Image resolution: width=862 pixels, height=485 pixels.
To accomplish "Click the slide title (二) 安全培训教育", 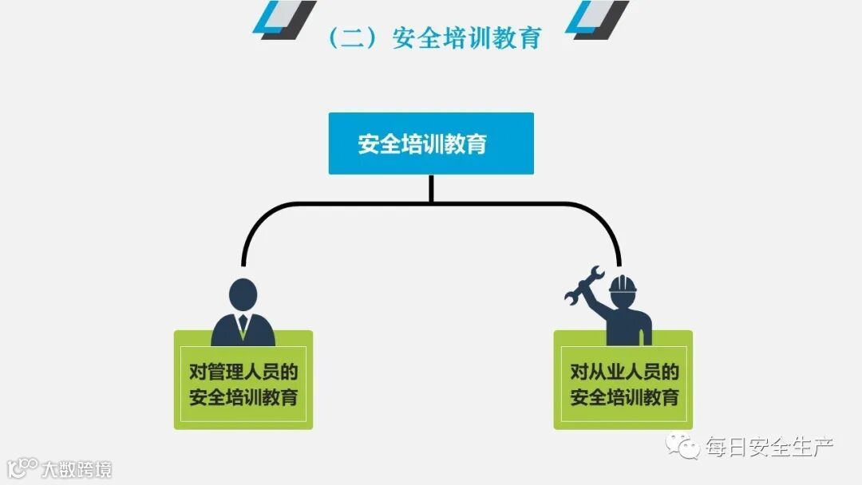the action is [435, 38].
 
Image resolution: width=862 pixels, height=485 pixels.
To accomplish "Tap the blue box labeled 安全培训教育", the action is [431, 144].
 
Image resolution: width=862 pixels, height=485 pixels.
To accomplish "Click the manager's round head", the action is [243, 294].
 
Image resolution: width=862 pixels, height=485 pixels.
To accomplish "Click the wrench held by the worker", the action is [585, 287].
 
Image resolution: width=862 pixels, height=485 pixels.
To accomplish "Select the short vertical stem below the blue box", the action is [431, 188].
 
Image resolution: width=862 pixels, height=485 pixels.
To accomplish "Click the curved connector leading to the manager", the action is [263, 219].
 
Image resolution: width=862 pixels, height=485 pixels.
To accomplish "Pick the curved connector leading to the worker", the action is [599, 219].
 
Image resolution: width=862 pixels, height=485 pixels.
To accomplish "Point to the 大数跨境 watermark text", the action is [77, 468].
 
